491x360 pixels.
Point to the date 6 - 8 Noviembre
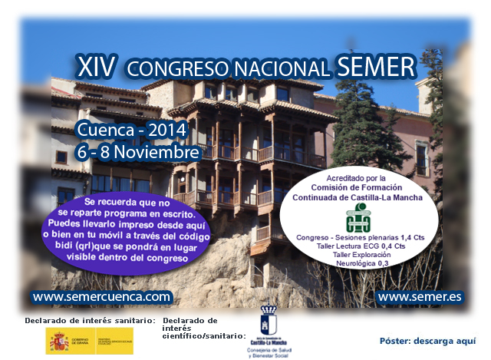(x=138, y=151)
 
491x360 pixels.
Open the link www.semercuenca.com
(x=102, y=296)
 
